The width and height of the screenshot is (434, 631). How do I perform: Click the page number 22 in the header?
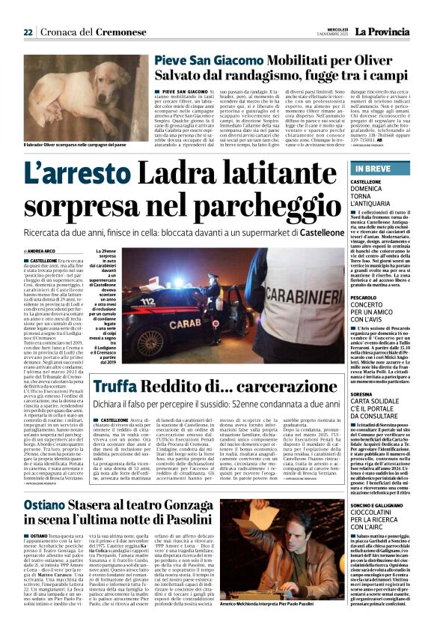28,32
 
